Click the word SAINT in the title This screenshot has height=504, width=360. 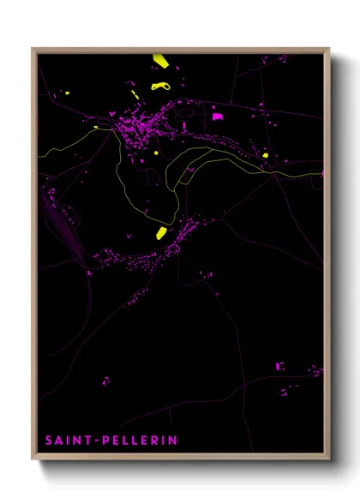[x=69, y=440]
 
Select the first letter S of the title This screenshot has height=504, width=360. [x=49, y=440]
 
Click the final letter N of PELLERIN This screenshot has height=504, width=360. [x=173, y=440]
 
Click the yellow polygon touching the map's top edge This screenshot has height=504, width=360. [x=159, y=61]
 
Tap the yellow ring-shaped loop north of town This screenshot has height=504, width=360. [x=160, y=86]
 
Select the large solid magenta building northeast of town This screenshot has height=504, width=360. [x=217, y=116]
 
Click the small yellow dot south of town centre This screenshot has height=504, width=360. [x=156, y=153]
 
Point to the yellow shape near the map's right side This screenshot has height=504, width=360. [x=266, y=155]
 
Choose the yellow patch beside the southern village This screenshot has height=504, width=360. [x=161, y=232]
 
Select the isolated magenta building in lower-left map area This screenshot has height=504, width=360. [x=105, y=380]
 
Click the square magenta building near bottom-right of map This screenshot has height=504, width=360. [x=279, y=366]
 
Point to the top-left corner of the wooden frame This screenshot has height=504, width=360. [x=33, y=49]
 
